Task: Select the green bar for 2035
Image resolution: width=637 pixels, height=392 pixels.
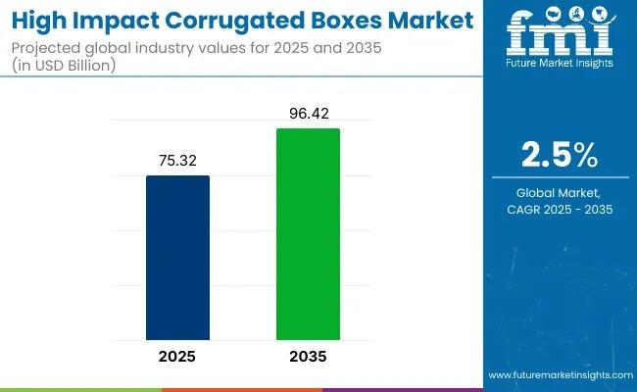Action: pos(308,235)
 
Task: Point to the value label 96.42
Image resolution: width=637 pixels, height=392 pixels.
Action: pos(308,115)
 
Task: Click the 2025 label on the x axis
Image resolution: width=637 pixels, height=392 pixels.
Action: pos(177,357)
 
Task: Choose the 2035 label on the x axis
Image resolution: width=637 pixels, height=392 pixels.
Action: pos(308,357)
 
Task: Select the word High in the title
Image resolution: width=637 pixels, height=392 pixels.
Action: pos(40,20)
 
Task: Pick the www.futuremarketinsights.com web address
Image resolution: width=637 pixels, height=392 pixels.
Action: pos(559,375)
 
